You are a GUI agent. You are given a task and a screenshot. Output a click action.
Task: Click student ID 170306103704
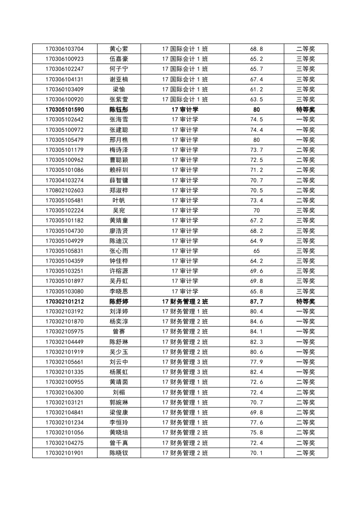tap(64, 49)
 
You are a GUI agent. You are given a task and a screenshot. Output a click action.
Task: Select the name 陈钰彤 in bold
tap(119, 110)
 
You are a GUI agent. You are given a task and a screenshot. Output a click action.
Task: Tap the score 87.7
tap(256, 301)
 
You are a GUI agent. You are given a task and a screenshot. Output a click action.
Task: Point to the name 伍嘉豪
tap(119, 59)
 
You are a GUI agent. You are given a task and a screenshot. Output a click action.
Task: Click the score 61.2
tap(256, 89)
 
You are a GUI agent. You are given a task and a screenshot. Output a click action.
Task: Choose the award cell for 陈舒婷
tap(306, 301)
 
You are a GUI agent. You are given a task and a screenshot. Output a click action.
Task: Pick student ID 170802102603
tap(64, 190)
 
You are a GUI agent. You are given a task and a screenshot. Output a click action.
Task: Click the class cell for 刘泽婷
tap(185, 311)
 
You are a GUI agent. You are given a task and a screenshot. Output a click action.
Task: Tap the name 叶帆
tap(119, 200)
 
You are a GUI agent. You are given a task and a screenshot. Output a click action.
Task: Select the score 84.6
tap(256, 321)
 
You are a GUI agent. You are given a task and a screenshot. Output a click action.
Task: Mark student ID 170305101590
tap(64, 110)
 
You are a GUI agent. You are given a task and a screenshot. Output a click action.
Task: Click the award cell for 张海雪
tap(306, 119)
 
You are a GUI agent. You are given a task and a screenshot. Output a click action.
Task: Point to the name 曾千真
tap(119, 443)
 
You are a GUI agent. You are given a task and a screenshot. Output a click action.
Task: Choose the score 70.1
tap(256, 453)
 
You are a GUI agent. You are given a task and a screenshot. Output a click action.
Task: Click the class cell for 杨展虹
tap(185, 372)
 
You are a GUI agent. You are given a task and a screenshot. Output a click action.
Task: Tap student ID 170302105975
tap(64, 332)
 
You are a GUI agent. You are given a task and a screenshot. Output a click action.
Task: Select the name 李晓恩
tap(119, 291)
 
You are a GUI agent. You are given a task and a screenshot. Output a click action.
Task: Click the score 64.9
tap(256, 241)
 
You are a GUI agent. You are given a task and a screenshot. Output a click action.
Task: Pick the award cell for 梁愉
tap(306, 89)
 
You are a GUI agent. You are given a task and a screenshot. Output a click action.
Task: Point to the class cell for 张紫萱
tap(185, 99)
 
